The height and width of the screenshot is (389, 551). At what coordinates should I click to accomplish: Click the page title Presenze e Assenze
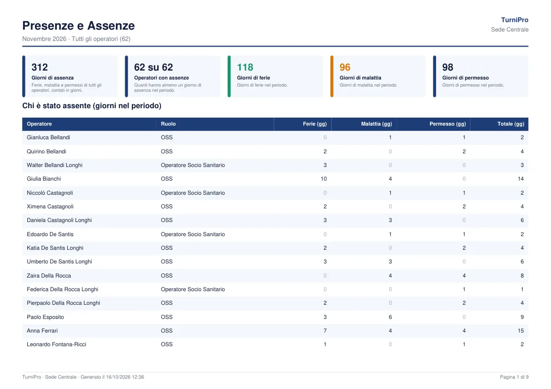[x=78, y=25]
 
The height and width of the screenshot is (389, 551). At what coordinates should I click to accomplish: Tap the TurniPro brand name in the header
[x=514, y=20]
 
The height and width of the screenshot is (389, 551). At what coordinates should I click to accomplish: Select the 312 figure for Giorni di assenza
[x=40, y=67]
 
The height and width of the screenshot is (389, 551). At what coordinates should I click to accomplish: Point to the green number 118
[x=245, y=67]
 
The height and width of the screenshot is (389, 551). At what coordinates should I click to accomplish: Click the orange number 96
[x=345, y=67]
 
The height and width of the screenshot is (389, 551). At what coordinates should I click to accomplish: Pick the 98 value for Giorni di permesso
[x=448, y=67]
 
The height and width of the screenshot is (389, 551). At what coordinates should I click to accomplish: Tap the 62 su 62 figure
[x=154, y=67]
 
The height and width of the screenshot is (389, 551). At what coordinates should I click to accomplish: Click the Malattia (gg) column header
[x=376, y=124]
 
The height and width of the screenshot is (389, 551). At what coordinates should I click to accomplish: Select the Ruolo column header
[x=168, y=124]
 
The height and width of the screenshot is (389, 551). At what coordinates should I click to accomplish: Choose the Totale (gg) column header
[x=510, y=124]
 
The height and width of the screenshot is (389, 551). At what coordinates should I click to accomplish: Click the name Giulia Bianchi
[x=44, y=179]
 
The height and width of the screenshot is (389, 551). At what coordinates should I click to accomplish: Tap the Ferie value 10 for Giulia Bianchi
[x=324, y=179]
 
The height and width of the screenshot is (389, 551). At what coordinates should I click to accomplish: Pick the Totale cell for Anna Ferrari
[x=521, y=331]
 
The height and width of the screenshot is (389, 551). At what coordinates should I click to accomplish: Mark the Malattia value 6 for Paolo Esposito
[x=390, y=317]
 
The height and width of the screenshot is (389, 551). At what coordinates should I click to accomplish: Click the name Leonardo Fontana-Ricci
[x=57, y=344]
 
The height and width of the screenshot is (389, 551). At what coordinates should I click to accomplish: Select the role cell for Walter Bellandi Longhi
[x=193, y=165]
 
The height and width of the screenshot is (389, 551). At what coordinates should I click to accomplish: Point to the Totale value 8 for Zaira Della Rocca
[x=522, y=276]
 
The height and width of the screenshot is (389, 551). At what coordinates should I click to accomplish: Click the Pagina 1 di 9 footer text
[x=514, y=377]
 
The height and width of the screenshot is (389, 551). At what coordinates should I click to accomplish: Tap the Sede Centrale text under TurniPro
[x=510, y=30]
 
